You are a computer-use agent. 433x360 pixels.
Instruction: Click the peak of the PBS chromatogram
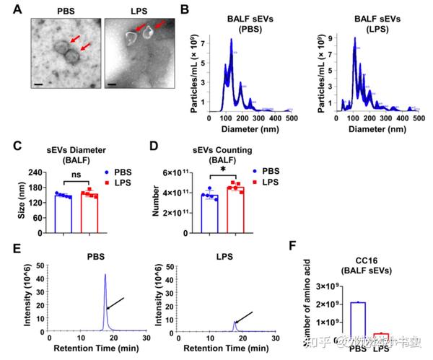point(105,275)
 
